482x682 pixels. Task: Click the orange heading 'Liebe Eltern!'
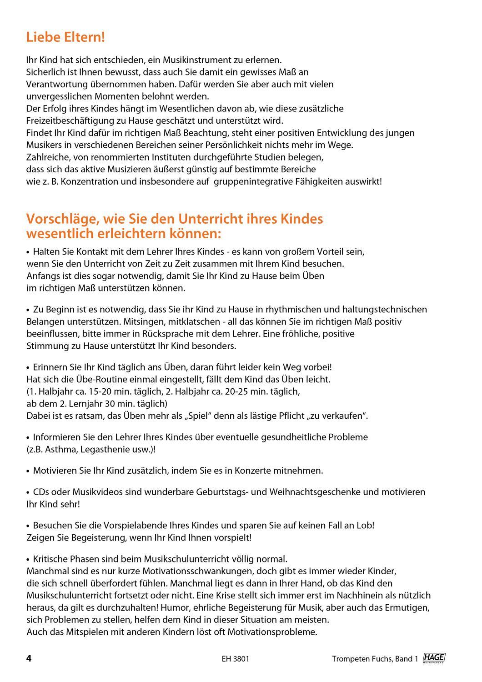tap(65, 37)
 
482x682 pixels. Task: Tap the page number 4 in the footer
tap(29, 658)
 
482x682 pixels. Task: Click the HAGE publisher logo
tap(434, 658)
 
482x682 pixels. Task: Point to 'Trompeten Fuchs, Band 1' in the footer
tap(374, 659)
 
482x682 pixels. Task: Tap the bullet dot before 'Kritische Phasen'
tap(28, 559)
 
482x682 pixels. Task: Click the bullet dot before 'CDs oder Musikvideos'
tap(28, 492)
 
